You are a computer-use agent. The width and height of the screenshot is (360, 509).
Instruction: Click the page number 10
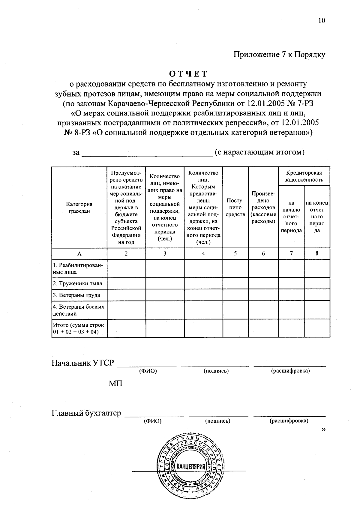click(x=322, y=20)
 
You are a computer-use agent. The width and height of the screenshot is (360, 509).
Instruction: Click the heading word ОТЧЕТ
click(x=188, y=74)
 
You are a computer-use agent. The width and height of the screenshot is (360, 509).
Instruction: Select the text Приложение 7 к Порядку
click(x=279, y=55)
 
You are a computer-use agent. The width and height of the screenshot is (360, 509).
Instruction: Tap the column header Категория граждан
click(x=79, y=208)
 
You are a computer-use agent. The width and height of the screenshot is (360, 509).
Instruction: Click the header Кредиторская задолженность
click(x=304, y=176)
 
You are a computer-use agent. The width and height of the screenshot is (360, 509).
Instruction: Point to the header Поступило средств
click(x=235, y=208)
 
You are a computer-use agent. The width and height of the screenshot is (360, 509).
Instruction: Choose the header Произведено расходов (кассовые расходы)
click(x=263, y=208)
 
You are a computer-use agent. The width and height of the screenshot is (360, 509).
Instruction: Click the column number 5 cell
click(x=235, y=254)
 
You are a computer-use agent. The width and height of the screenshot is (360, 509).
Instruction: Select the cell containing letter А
click(x=79, y=254)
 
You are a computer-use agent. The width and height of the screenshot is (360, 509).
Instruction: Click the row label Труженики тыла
click(x=77, y=283)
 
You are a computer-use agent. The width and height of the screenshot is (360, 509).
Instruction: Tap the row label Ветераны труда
click(x=76, y=295)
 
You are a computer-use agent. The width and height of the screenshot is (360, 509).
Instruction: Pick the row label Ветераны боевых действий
click(x=79, y=310)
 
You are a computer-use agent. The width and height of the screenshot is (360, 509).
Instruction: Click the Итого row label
click(x=79, y=328)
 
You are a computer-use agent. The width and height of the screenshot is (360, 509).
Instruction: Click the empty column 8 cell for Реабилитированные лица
click(x=317, y=268)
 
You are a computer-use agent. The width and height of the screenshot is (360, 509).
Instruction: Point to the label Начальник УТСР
click(x=83, y=363)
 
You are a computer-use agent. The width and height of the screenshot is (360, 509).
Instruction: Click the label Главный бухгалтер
click(x=86, y=413)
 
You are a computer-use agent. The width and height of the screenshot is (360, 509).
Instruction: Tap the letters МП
click(x=115, y=383)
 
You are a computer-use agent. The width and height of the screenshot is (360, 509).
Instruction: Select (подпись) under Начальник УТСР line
click(x=216, y=371)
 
